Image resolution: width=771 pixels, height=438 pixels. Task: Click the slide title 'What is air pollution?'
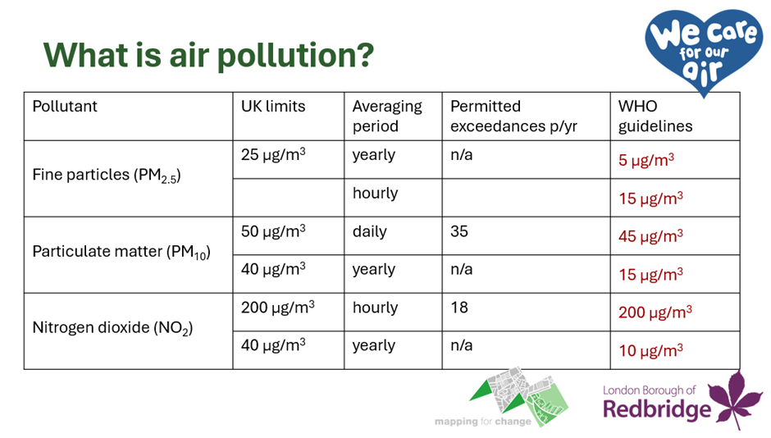(x=208, y=55)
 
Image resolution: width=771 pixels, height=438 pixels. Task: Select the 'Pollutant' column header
(x=65, y=106)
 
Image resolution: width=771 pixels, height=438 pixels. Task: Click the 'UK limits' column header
(x=273, y=106)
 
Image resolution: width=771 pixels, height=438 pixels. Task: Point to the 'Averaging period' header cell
(x=387, y=116)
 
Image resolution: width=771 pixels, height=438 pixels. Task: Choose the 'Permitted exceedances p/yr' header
(x=513, y=116)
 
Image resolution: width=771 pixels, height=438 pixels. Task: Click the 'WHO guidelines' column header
(x=655, y=116)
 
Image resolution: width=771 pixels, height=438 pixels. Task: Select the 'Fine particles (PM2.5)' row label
(x=106, y=176)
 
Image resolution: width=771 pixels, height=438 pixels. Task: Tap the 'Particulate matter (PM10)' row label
(x=121, y=252)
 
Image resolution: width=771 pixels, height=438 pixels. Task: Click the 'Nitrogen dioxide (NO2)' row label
(x=112, y=328)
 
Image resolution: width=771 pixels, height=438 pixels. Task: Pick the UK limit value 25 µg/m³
(x=273, y=154)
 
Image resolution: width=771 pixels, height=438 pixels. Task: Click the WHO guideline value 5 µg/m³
(x=646, y=160)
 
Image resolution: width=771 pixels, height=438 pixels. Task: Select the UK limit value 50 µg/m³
(x=273, y=231)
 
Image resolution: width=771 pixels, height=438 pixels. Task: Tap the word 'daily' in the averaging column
(x=369, y=231)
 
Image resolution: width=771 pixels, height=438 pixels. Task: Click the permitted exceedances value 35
(x=459, y=231)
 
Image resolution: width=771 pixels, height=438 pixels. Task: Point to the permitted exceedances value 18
(x=459, y=308)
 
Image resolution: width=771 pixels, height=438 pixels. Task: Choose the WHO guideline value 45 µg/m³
(x=650, y=236)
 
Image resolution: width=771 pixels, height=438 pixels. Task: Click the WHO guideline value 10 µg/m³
(x=650, y=350)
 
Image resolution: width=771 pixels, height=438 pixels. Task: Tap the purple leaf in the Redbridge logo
(x=736, y=399)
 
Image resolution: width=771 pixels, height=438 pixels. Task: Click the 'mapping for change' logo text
(x=482, y=422)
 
